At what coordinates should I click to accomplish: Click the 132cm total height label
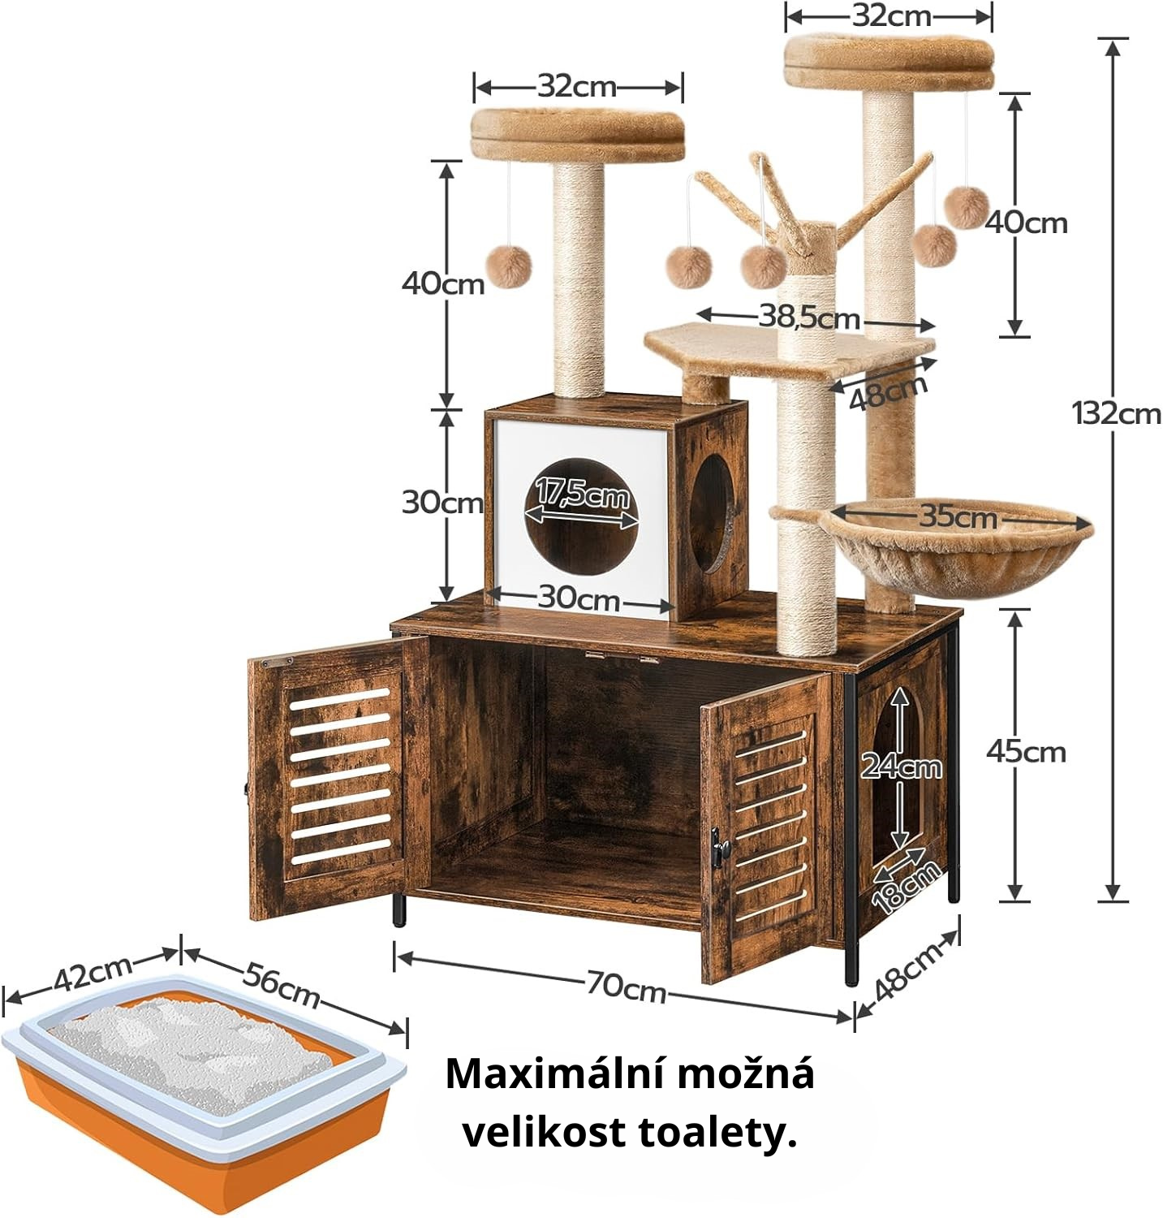coord(1117,414)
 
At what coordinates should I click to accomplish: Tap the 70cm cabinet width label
coord(627,987)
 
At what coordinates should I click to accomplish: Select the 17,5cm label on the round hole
coord(582,492)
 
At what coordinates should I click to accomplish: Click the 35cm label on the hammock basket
coord(958,516)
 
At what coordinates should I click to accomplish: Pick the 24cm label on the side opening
coord(902,766)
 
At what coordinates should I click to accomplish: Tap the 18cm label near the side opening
coord(907,888)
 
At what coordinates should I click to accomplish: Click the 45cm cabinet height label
coord(1026,752)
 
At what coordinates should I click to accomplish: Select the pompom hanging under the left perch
coord(508,267)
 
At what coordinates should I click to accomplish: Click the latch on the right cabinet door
coord(719,848)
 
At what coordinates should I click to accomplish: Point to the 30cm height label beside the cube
coord(442,503)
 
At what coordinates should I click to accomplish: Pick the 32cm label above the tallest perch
coord(892,16)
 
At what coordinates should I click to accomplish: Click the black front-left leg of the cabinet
coord(398,909)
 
